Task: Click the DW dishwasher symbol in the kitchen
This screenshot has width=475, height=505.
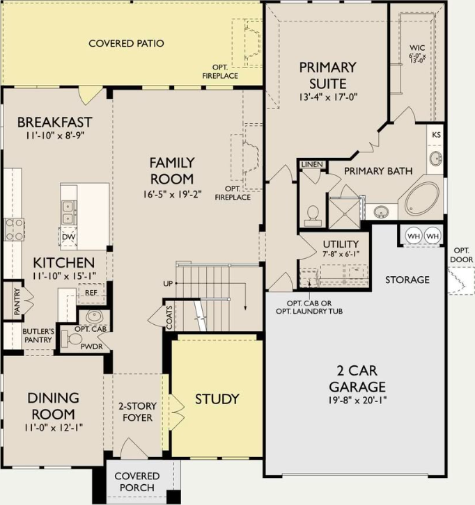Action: [x=68, y=237]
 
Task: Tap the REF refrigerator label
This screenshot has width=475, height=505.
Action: [x=91, y=293]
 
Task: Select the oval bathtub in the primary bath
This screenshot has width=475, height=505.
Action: [x=422, y=199]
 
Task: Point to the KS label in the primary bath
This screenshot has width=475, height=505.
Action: [x=436, y=135]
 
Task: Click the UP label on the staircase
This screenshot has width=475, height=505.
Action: [x=168, y=284]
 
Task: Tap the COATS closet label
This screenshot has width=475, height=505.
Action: [x=170, y=318]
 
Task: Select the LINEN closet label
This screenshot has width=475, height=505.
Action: [x=312, y=165]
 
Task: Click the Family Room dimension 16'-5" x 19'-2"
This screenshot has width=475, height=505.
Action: [x=173, y=194]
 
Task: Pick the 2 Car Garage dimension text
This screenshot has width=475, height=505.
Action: [x=357, y=401]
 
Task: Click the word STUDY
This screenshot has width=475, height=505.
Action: [x=217, y=399]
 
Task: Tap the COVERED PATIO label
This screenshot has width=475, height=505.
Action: [x=126, y=43]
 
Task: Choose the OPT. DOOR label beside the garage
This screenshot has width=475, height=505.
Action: [x=462, y=255]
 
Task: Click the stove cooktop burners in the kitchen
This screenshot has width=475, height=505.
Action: [x=14, y=230]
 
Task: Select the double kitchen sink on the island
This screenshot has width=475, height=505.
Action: [x=68, y=212]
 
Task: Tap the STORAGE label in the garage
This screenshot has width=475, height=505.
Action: [x=407, y=280]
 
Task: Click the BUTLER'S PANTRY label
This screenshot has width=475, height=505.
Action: [x=38, y=335]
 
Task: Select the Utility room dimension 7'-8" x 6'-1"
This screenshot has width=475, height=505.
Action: [x=341, y=254]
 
